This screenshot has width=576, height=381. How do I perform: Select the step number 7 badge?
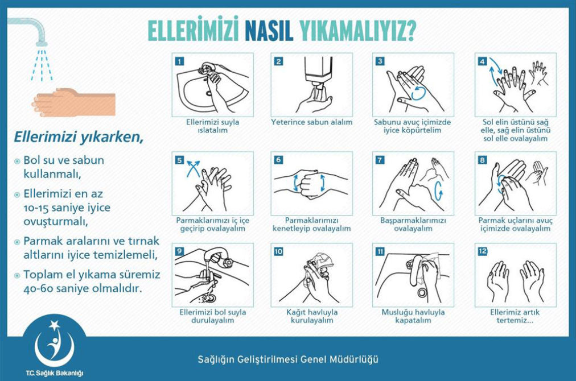(380, 160)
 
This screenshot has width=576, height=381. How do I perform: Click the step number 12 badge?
(483, 251)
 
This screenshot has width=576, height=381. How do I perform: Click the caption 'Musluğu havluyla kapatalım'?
(413, 316)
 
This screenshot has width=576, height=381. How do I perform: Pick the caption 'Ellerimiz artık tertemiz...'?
(515, 316)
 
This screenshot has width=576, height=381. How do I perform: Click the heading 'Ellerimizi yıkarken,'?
(78, 137)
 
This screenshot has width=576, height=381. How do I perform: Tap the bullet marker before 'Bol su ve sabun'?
(18, 161)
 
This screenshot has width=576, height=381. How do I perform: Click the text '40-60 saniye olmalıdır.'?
(82, 288)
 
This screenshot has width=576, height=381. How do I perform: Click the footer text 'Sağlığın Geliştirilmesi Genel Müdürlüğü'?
(287, 359)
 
